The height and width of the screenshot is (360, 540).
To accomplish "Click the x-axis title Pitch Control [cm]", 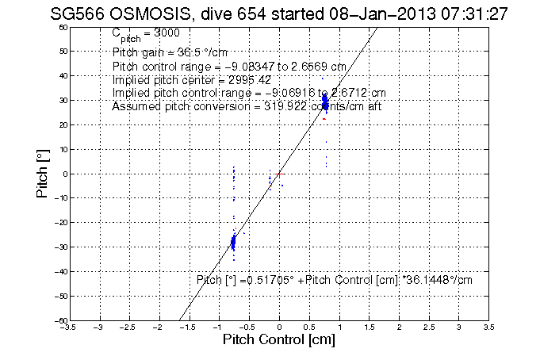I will (279, 340).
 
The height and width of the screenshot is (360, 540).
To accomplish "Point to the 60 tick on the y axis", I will (61, 27).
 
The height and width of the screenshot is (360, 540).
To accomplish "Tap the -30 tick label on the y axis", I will (59, 247).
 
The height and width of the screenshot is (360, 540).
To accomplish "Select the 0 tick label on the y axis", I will (63, 174).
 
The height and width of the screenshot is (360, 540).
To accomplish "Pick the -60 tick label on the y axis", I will (59, 320).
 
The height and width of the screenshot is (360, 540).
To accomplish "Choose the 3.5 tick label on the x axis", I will (488, 327).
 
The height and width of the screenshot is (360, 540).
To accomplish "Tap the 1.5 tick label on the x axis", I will (369, 327).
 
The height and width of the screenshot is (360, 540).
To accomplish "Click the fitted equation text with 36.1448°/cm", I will (334, 279).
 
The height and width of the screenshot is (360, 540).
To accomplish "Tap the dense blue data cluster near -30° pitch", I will (233, 242).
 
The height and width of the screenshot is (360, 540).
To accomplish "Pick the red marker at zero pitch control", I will (279, 172).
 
